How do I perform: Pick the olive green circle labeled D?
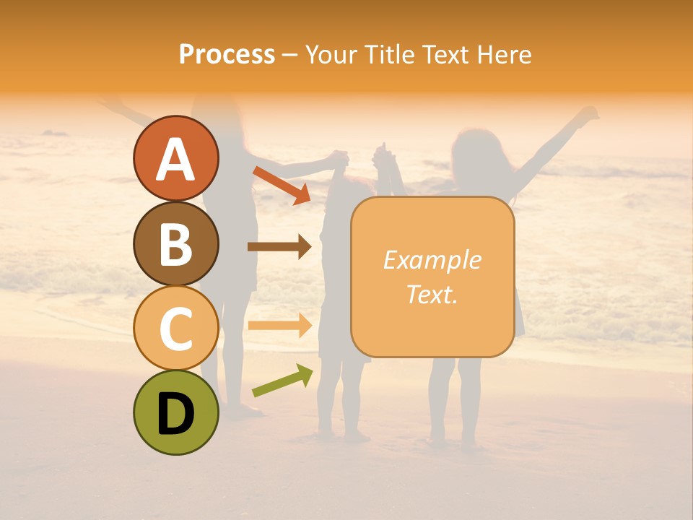[175, 412]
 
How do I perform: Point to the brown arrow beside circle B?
[279, 247]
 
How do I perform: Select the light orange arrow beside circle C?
[279, 326]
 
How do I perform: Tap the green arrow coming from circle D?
[282, 381]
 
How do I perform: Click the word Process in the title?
[227, 54]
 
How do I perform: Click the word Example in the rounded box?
[432, 260]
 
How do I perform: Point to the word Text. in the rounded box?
[432, 294]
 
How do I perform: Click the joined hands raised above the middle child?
[361, 154]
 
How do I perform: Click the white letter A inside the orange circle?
[175, 159]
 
